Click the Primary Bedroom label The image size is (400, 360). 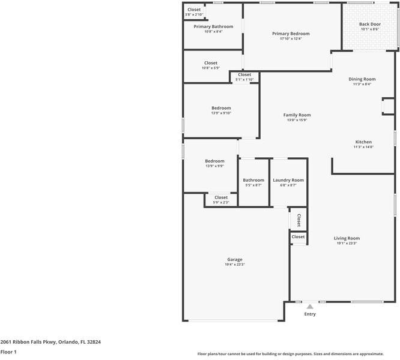pyautogui.click(x=291, y=34)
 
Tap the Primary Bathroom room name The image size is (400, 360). pyautogui.click(x=213, y=26)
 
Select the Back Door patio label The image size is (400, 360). pyautogui.click(x=370, y=24)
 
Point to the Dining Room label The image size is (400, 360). pyautogui.click(x=362, y=79)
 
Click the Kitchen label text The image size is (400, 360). pyautogui.click(x=363, y=142)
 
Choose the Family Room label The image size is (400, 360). pyautogui.click(x=297, y=115)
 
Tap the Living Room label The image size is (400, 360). pyautogui.click(x=347, y=238)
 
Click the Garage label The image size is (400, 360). pyautogui.click(x=235, y=259)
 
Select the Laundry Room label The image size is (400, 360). pyautogui.click(x=288, y=180)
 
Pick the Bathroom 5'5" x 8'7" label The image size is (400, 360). pyautogui.click(x=253, y=180)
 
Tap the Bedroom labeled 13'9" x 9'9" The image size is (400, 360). pyautogui.click(x=214, y=161)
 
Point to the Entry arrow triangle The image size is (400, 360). pyautogui.click(x=310, y=306)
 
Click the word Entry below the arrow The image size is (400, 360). pyautogui.click(x=310, y=314)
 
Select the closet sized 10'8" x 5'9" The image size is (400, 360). pyautogui.click(x=211, y=63)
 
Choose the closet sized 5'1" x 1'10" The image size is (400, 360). pyautogui.click(x=244, y=75)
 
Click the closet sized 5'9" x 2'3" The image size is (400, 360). pyautogui.click(x=221, y=197)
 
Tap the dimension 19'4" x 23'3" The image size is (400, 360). pyautogui.click(x=235, y=265)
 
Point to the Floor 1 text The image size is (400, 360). pyautogui.click(x=8, y=352)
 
